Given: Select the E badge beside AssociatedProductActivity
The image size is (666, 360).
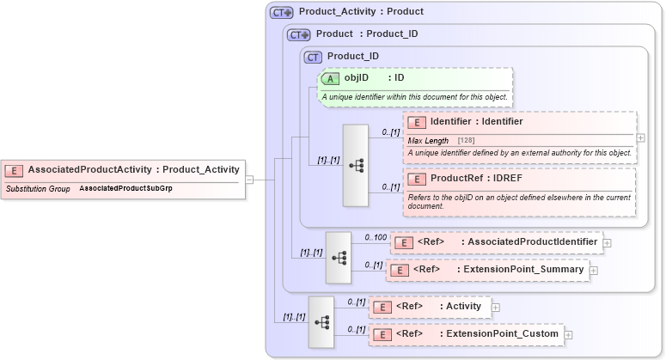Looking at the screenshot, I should [15, 170].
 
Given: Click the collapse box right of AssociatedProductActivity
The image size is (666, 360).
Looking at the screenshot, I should [249, 180].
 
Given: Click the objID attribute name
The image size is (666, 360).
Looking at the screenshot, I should [357, 78].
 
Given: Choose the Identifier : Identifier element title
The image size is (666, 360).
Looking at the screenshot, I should [476, 121].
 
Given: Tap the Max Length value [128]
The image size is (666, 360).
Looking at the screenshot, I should [467, 140].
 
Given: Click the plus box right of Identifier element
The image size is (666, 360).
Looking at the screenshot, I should [641, 137].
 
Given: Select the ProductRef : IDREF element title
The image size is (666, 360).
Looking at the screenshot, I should [476, 178].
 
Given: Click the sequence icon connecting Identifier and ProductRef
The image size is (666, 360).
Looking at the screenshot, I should [356, 166].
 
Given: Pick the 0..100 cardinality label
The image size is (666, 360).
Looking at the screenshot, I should [375, 236].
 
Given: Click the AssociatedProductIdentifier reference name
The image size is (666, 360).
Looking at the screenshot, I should [529, 241].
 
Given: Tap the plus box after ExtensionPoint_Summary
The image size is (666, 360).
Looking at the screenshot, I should [594, 270].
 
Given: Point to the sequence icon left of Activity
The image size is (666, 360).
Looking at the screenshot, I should [321, 322].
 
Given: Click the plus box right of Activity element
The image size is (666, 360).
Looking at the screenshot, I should [495, 307].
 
